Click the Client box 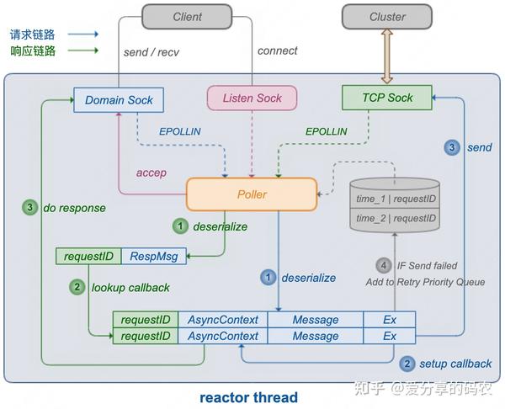click(x=187, y=17)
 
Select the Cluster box click(x=387, y=17)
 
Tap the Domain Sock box click(x=119, y=100)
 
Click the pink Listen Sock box click(x=252, y=98)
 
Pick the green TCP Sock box click(x=387, y=98)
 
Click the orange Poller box click(x=252, y=194)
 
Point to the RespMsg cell click(x=154, y=257)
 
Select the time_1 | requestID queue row click(x=395, y=199)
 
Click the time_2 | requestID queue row click(x=395, y=218)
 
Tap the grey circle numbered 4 click(x=384, y=266)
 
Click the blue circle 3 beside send click(x=452, y=147)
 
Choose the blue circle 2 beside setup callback click(x=407, y=364)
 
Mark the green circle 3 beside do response click(x=30, y=207)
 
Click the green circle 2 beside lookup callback click(x=77, y=287)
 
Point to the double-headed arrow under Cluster click(x=387, y=57)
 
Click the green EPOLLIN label click(x=326, y=131)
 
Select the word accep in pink click(x=151, y=173)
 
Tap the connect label click(x=277, y=50)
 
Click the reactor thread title click(x=248, y=397)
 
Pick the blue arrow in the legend click(x=83, y=34)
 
